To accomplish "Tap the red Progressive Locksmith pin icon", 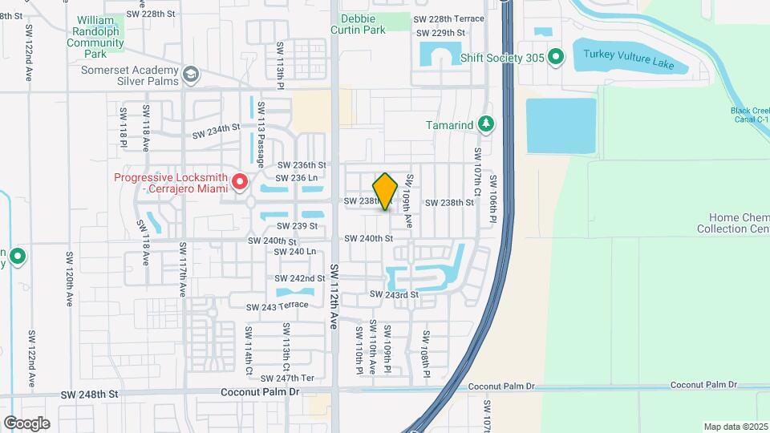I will (240, 183).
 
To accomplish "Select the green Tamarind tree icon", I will (484, 124).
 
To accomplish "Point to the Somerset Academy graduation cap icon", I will (190, 75).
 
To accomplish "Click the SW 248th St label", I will (90, 395).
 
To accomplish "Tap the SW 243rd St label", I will (395, 295).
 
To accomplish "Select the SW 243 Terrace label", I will (278, 307).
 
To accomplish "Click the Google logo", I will (26, 423).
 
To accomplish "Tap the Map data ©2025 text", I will (736, 427).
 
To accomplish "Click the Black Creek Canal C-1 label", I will (749, 115).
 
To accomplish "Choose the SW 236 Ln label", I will (297, 178).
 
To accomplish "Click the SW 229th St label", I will (440, 33).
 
